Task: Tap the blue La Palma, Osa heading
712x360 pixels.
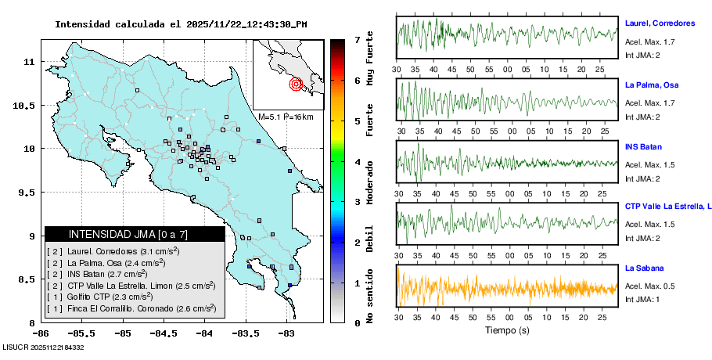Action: tap(652, 85)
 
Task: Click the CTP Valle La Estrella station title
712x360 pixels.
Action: tap(667, 207)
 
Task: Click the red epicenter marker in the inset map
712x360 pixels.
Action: tap(296, 84)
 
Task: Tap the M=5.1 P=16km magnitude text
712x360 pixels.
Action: tap(286, 117)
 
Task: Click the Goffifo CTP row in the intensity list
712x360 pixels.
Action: tap(109, 297)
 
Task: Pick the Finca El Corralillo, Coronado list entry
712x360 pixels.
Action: tap(131, 308)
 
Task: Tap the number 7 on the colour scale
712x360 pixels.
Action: tap(357, 39)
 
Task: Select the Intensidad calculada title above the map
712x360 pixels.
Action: tap(181, 24)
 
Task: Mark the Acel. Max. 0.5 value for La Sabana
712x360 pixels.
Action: tap(649, 286)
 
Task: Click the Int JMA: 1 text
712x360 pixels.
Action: tap(643, 299)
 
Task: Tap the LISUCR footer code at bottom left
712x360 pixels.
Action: tap(43, 347)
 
